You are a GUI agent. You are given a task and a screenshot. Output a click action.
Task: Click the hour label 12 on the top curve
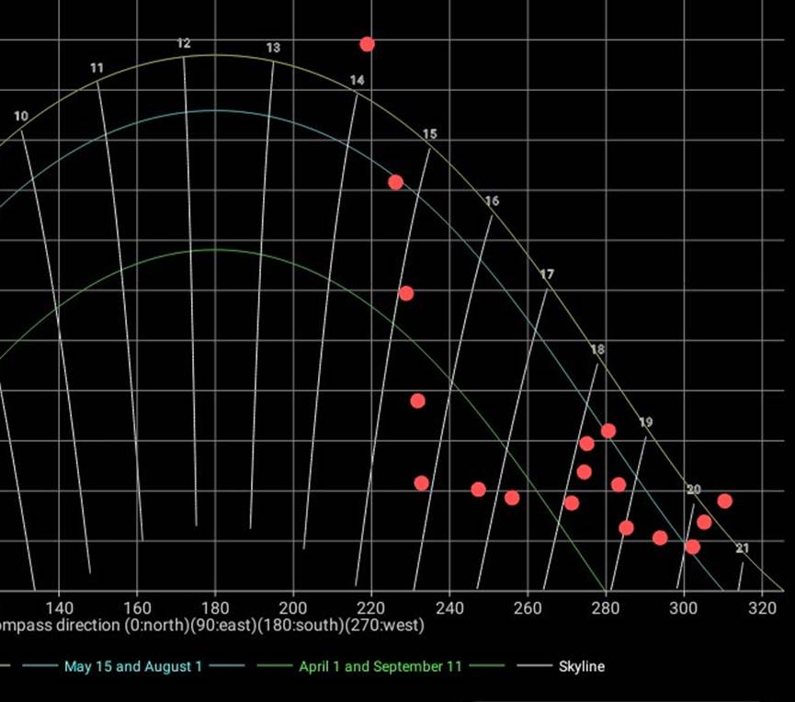tap(184, 43)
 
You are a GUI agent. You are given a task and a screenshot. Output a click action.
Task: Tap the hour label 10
tap(21, 116)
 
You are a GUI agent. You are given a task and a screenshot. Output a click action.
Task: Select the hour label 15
tap(430, 134)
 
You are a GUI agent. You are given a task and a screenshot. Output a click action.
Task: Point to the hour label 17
tap(548, 275)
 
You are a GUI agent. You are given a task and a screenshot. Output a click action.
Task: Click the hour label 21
tap(743, 549)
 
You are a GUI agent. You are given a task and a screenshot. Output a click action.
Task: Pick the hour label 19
tap(646, 423)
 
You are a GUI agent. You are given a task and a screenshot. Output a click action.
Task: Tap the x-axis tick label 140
tap(59, 607)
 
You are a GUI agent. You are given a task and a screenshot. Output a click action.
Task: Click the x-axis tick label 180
tap(215, 607)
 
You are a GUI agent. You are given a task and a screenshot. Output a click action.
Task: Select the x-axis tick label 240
tap(449, 607)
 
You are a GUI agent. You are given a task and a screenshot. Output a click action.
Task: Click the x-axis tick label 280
tap(606, 607)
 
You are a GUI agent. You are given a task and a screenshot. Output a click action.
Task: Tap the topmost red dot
tap(367, 44)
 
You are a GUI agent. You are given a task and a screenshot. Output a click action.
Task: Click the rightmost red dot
tap(724, 501)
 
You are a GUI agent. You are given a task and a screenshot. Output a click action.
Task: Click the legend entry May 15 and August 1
tap(133, 666)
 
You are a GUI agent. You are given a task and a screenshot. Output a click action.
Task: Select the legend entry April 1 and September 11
tap(380, 666)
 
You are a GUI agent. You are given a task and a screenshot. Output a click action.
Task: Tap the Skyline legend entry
tap(582, 666)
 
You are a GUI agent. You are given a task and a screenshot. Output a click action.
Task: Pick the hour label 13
tap(273, 48)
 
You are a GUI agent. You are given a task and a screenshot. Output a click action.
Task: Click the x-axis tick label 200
tap(293, 607)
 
